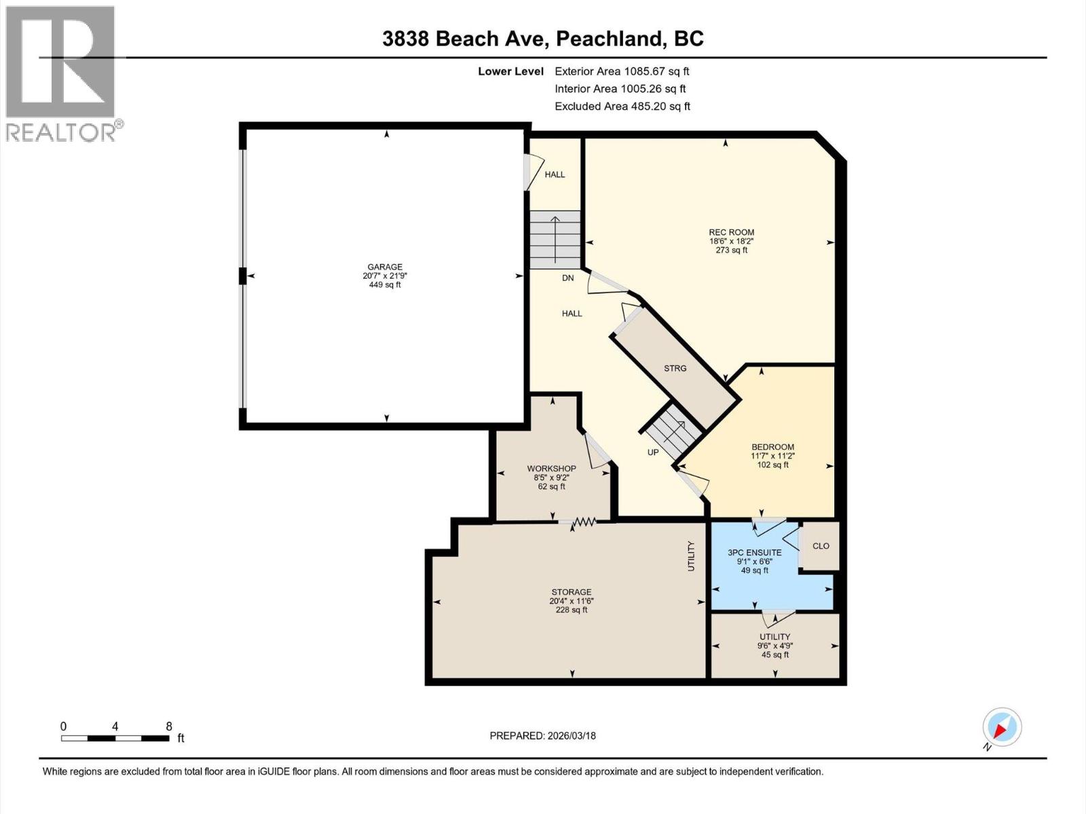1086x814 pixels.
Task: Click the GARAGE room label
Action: click(385, 267)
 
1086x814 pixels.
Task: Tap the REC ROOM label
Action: click(731, 233)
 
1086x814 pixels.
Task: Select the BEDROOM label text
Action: click(772, 447)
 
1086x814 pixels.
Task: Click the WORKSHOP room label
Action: click(551, 469)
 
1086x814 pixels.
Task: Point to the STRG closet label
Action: click(675, 368)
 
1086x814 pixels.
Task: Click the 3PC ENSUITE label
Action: click(754, 553)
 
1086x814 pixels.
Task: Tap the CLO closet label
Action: click(821, 546)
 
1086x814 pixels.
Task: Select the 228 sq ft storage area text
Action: click(571, 610)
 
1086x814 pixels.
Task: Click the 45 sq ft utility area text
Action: click(774, 655)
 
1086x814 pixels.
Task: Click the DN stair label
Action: click(567, 278)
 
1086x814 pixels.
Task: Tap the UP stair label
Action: click(652, 452)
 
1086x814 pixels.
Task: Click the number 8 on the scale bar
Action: click(168, 726)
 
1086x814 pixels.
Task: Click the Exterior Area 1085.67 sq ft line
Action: click(622, 71)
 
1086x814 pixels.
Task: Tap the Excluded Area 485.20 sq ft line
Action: click(622, 106)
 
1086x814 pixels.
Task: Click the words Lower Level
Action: click(510, 71)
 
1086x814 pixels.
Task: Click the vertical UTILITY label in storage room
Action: click(692, 556)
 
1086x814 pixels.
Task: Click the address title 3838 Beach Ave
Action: click(464, 39)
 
